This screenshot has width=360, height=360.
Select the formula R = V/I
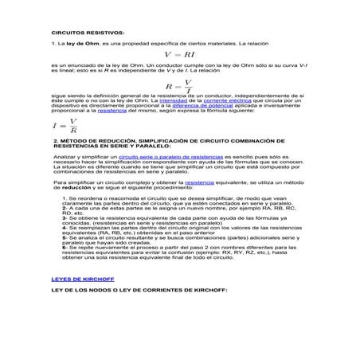pos(178,84)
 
